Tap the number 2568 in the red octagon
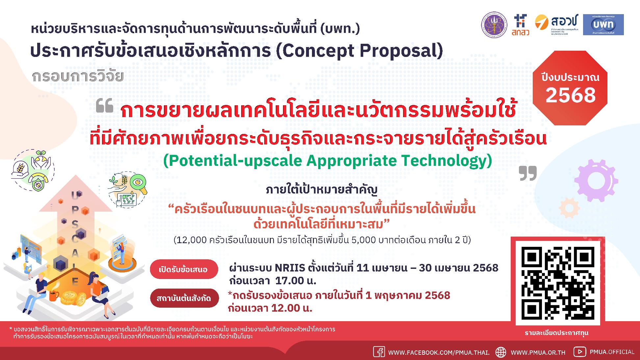pyautogui.click(x=571, y=95)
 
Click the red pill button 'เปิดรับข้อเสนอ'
pyautogui.click(x=183, y=270)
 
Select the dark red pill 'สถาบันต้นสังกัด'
pyautogui.click(x=183, y=298)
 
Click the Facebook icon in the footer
pyautogui.click(x=379, y=352)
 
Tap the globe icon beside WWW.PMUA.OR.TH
pyautogui.click(x=501, y=352)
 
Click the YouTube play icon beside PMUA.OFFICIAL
pyautogui.click(x=579, y=352)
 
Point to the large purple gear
pyautogui.click(x=596, y=181)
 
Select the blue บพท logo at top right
pyautogui.click(x=603, y=25)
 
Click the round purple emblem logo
pyautogui.click(x=494, y=25)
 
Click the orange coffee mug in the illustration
pyautogui.click(x=54, y=296)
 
